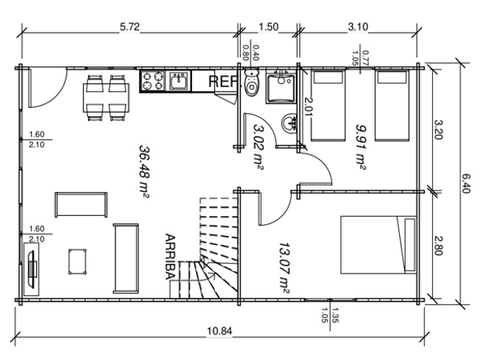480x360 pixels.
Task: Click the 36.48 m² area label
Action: tap(145, 172)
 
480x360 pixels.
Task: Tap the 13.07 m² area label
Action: tap(284, 268)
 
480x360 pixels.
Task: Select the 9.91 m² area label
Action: tap(361, 146)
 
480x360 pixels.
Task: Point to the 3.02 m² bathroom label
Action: tap(258, 146)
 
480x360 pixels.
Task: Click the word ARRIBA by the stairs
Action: tap(170, 257)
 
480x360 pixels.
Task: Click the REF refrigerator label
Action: tap(223, 82)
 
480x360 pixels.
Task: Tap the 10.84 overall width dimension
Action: tap(219, 331)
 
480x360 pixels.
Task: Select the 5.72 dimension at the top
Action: tap(130, 27)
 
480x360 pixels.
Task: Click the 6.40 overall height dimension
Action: tap(466, 184)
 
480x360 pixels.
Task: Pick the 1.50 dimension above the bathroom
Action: tap(269, 27)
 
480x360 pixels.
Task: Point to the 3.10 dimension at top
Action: tap(358, 27)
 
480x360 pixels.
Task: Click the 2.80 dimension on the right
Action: tap(438, 246)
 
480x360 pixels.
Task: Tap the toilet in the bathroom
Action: tap(252, 82)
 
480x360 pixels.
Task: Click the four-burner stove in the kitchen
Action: tap(153, 81)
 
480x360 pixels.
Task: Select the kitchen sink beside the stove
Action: tap(178, 81)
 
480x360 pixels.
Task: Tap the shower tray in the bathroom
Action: tap(281, 87)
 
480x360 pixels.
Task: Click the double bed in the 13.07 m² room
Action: tap(378, 245)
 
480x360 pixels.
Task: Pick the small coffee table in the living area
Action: tap(77, 262)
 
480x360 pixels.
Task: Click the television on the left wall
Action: tap(31, 270)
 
